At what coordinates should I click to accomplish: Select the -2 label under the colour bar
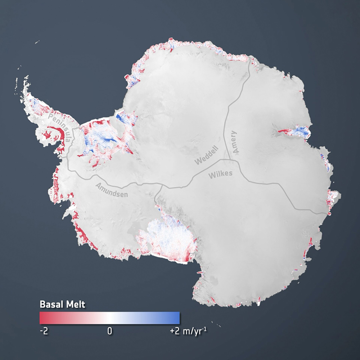click(x=44, y=331)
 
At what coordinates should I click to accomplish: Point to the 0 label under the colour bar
click(x=109, y=331)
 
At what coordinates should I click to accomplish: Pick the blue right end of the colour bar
click(x=177, y=318)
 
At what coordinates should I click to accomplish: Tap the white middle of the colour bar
click(x=109, y=318)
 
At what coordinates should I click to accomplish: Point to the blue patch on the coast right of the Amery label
click(x=301, y=132)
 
